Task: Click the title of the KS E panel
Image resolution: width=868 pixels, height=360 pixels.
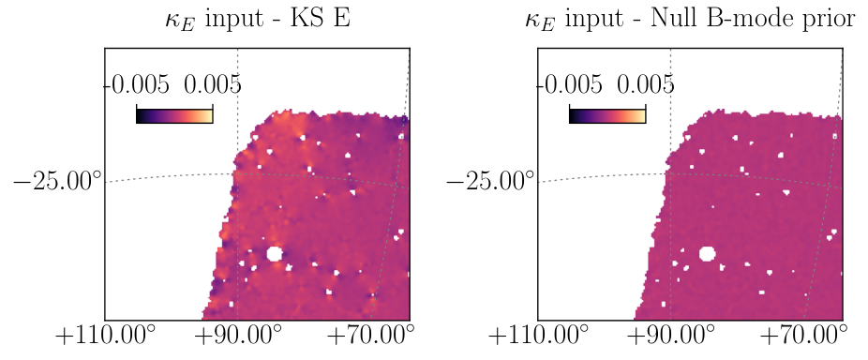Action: coord(258,20)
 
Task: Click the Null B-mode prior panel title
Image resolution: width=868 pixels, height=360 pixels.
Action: coord(690,20)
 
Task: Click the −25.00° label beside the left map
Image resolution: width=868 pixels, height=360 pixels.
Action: coord(57,181)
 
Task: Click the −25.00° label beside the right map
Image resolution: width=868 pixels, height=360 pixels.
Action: coord(490,181)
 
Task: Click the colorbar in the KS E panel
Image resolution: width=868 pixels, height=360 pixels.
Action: coord(174,114)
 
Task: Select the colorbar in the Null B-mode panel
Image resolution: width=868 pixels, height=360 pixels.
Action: coord(607,114)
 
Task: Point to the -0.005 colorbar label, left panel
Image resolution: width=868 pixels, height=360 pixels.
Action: coord(137,85)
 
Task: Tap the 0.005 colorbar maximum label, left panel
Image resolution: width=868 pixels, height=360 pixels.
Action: coord(213,85)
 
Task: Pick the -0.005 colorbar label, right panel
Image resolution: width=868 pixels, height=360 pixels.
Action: coord(570,85)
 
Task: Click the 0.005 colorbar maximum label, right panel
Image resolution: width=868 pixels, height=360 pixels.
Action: coord(646,85)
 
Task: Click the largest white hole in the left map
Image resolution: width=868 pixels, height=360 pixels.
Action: coord(274,254)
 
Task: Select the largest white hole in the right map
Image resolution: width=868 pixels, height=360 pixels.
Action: coord(707,254)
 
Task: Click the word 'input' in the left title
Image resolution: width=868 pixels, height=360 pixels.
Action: coord(232,20)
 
